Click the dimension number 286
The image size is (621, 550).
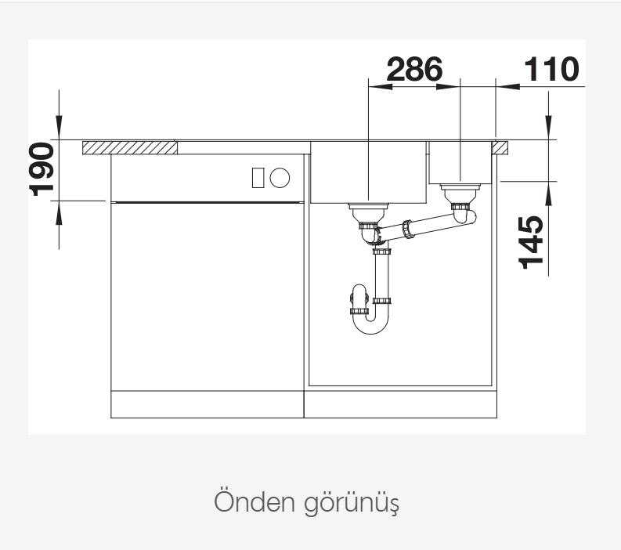pos(414,69)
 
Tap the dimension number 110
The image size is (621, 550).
pos(551,69)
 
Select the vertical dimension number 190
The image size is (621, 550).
pos(42,169)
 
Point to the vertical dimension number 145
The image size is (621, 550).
pos(531,243)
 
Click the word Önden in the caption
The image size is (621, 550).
pos(255,501)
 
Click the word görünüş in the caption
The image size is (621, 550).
pos(352,504)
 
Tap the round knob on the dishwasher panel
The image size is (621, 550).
pos(280,177)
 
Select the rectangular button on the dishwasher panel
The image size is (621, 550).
pos(258,177)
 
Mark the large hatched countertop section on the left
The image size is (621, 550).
pos(130,147)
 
